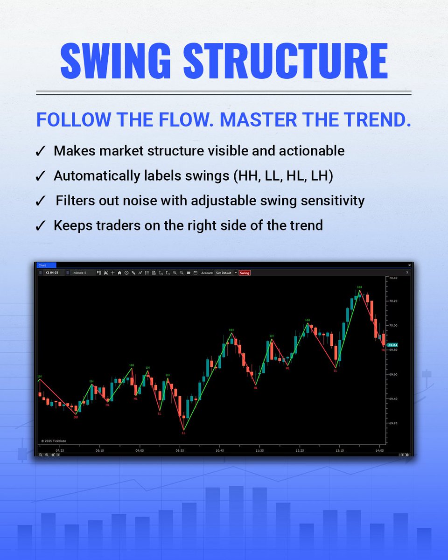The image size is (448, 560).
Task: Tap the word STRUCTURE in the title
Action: (x=285, y=62)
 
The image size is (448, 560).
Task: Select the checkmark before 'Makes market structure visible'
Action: (x=41, y=151)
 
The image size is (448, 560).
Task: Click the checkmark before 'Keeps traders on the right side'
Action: (x=41, y=226)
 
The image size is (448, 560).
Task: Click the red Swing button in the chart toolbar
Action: (x=245, y=273)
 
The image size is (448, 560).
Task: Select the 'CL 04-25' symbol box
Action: (x=53, y=273)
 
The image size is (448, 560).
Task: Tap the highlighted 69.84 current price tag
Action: (x=392, y=345)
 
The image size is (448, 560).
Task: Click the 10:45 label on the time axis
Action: (x=219, y=450)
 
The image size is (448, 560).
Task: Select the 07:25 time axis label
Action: (x=60, y=450)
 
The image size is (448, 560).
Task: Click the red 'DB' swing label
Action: (x=76, y=417)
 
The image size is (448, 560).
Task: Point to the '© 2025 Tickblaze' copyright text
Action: (x=54, y=440)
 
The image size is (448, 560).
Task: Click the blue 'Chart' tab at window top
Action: (x=42, y=265)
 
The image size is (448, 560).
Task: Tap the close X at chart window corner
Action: (x=409, y=265)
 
